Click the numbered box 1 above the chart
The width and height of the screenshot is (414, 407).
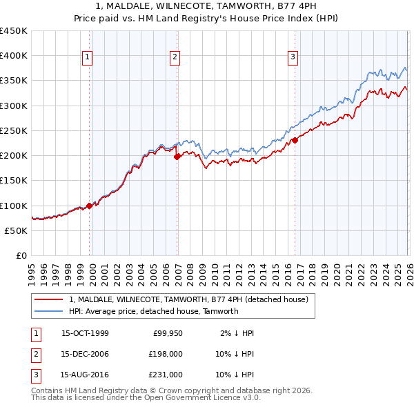[x=88, y=57]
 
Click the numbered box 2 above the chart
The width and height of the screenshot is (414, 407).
[x=175, y=57]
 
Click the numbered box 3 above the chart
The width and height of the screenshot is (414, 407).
[x=293, y=57]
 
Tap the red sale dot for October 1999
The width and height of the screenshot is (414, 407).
[x=90, y=206]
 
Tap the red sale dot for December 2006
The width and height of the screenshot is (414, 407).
[x=177, y=157]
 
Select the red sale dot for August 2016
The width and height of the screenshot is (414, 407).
[x=295, y=140]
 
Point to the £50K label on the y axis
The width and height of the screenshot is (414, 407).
[x=17, y=230]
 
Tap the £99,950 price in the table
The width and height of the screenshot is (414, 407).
[x=168, y=333]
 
